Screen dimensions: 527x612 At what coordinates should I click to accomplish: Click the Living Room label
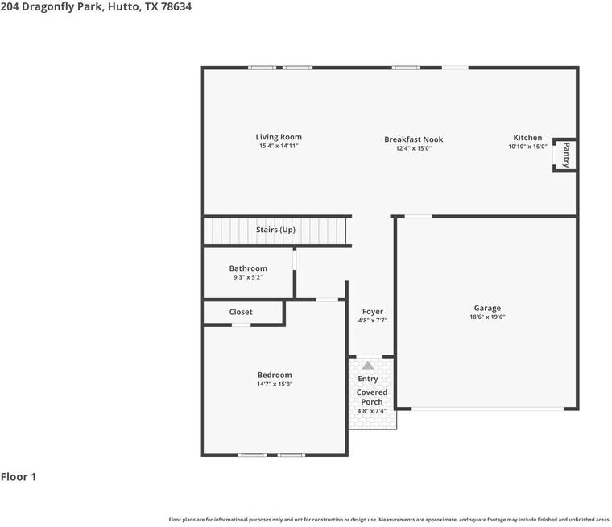point(279,137)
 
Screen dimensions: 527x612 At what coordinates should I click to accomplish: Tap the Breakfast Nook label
point(413,139)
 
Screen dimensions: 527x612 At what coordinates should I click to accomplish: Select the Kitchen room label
point(527,138)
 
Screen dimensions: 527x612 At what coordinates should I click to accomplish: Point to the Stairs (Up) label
point(275,230)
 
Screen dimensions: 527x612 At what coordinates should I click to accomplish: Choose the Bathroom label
point(248,268)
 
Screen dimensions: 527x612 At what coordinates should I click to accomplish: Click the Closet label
point(241,312)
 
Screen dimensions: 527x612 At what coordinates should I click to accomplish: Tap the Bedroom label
point(275,375)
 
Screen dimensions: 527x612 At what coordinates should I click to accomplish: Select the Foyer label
point(372,311)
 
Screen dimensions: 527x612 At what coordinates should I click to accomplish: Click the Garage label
point(487,308)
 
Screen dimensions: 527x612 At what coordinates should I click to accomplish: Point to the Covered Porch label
point(372,396)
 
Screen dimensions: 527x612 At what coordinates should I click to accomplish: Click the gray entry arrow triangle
point(368,365)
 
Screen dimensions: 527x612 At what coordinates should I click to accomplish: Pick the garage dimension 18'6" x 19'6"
point(487,317)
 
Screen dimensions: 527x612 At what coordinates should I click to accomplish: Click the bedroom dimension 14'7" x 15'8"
point(275,384)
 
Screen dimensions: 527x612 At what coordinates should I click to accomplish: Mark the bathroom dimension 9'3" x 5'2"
point(248,277)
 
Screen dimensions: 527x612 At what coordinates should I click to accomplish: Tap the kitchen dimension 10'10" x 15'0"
point(527,147)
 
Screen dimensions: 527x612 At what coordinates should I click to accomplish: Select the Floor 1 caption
point(19,476)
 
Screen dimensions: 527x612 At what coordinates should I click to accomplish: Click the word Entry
point(368,379)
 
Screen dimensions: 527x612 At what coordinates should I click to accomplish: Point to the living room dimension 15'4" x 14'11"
point(279,146)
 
